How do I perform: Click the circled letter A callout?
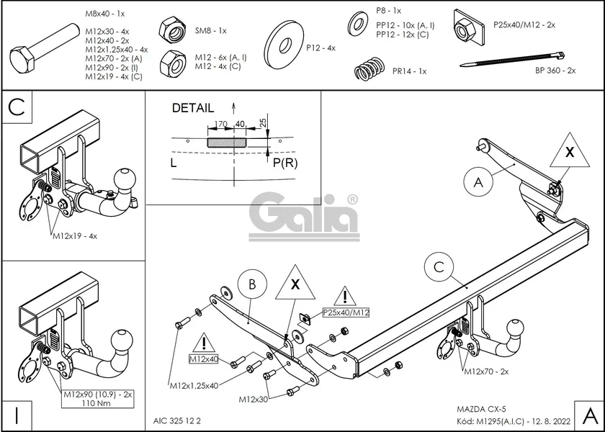pos(478,182)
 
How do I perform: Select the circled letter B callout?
pos(251,284)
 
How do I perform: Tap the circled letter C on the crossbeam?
pos(438,268)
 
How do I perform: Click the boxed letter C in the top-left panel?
pos(17,108)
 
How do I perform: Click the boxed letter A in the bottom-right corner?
pos(588,415)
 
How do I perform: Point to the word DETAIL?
pos(192,108)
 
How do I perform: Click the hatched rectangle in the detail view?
pos(226,143)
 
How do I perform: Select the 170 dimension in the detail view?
pos(222,125)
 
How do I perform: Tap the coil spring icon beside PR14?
pos(371,71)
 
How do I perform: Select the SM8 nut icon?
pos(173,30)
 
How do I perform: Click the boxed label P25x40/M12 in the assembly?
pos(346,312)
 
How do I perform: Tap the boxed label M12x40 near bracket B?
pos(205,359)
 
